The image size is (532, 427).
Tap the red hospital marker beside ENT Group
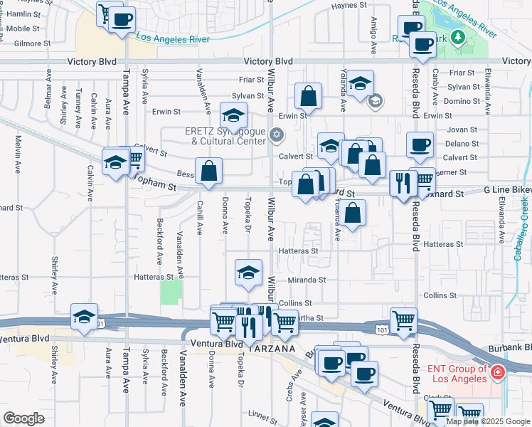pyautogui.click(x=499, y=371)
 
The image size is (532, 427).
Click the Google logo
pyautogui.click(x=23, y=418)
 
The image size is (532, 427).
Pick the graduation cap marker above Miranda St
pyautogui.click(x=248, y=273)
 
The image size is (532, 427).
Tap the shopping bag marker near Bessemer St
pyautogui.click(x=208, y=172)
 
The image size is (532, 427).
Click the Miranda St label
pyautogui.click(x=307, y=280)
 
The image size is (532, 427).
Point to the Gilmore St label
pyautogui.click(x=32, y=43)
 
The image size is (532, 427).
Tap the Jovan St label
pyautogui.click(x=462, y=130)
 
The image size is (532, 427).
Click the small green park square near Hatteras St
pyautogui.click(x=170, y=292)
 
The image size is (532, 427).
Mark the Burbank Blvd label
pyautogui.click(x=510, y=347)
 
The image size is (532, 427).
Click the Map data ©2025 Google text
pyautogui.click(x=488, y=421)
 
